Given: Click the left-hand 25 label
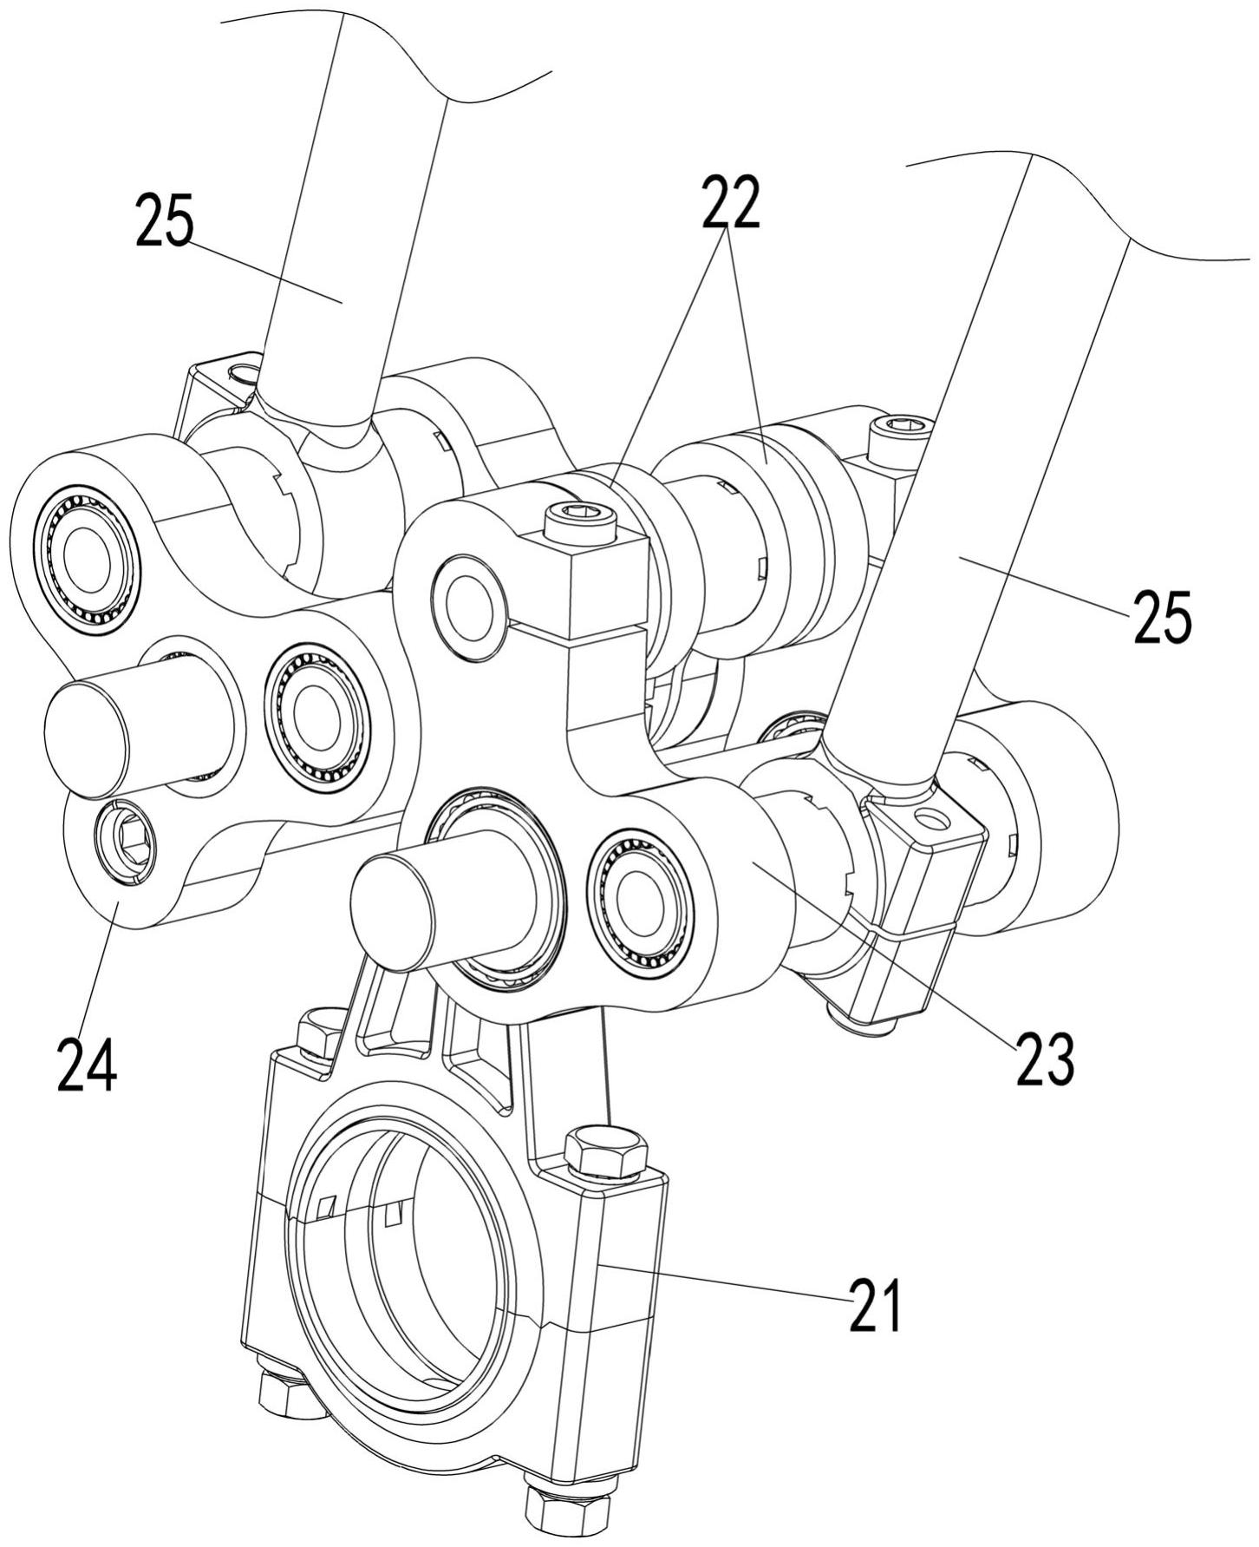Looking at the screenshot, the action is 165,221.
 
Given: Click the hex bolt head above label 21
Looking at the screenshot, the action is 605,1150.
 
